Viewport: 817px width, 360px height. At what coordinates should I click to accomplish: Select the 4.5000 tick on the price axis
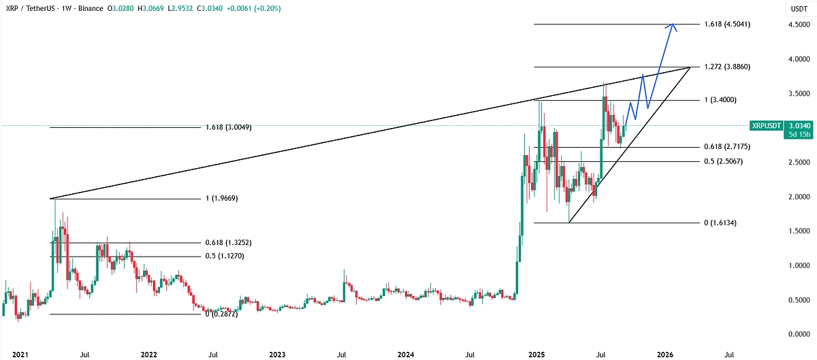[x=797, y=24]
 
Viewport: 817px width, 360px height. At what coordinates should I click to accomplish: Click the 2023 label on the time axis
[x=277, y=354]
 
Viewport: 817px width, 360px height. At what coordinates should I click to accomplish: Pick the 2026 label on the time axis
[x=664, y=354]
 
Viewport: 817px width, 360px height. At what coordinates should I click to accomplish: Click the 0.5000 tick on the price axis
[x=797, y=300]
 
